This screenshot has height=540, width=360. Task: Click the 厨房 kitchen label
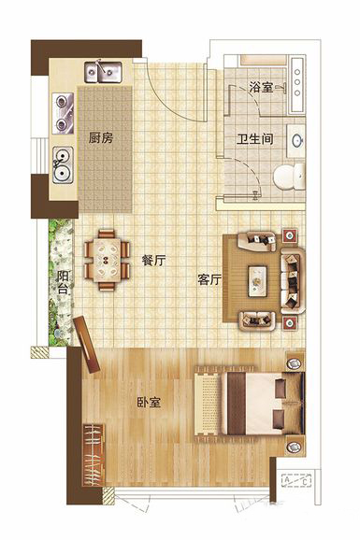pyautogui.click(x=101, y=138)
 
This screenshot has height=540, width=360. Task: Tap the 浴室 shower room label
pyautogui.click(x=261, y=88)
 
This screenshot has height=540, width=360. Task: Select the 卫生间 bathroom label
pyautogui.click(x=255, y=139)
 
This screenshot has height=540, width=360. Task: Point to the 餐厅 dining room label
pyautogui.click(x=153, y=261)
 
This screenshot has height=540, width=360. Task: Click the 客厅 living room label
pyautogui.click(x=209, y=279)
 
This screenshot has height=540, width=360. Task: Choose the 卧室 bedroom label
pyautogui.click(x=149, y=403)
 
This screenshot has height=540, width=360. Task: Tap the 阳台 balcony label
pyautogui.click(x=63, y=282)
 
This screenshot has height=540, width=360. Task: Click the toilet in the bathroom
pyautogui.click(x=289, y=177)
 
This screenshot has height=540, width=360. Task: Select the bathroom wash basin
pyautogui.click(x=297, y=140)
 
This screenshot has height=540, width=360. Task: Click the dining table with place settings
pyautogui.click(x=107, y=261)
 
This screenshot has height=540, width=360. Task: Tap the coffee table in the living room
pyautogui.click(x=258, y=281)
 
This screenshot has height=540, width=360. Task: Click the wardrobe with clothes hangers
pyautogui.click(x=94, y=455)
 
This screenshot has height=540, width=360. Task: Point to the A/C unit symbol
pyautogui.click(x=296, y=480)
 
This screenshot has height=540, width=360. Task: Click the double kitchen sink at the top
pyautogui.click(x=104, y=72)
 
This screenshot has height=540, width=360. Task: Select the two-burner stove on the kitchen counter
pyautogui.click(x=64, y=114)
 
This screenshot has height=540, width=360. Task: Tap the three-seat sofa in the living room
pyautogui.click(x=293, y=280)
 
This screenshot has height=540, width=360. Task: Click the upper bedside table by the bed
pyautogui.click(x=295, y=362)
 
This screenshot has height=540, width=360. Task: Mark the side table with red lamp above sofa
pyautogui.click(x=290, y=236)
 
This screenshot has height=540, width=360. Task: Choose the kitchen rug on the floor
pyautogui.click(x=105, y=149)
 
